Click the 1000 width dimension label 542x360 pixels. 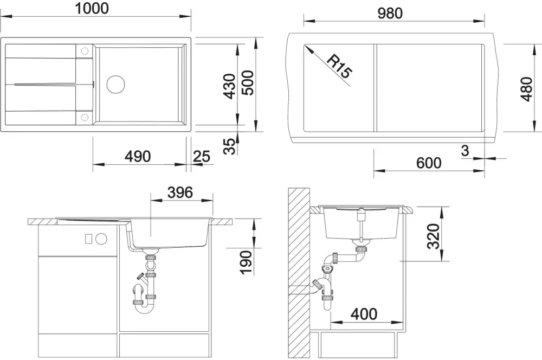click(92, 8)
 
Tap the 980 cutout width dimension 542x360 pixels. click(390, 13)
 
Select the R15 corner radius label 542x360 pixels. click(339, 66)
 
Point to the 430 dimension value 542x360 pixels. click(229, 86)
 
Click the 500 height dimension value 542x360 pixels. click(248, 83)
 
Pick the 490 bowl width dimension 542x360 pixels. click(138, 156)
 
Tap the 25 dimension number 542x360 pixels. click(202, 157)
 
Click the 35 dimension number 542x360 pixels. click(229, 146)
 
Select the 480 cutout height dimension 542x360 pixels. click(526, 89)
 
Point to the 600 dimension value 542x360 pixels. click(429, 163)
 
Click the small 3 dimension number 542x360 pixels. click(465, 150)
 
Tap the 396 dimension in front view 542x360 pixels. click(180, 192)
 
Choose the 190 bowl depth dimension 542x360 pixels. click(246, 263)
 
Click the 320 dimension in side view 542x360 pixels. click(434, 236)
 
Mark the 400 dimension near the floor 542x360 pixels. click(364, 314)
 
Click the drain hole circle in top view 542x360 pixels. click(115, 84)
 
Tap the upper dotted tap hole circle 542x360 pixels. click(85, 51)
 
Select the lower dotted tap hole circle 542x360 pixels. click(85, 117)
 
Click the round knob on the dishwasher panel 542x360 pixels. click(101, 239)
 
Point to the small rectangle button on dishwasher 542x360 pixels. click(88, 239)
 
